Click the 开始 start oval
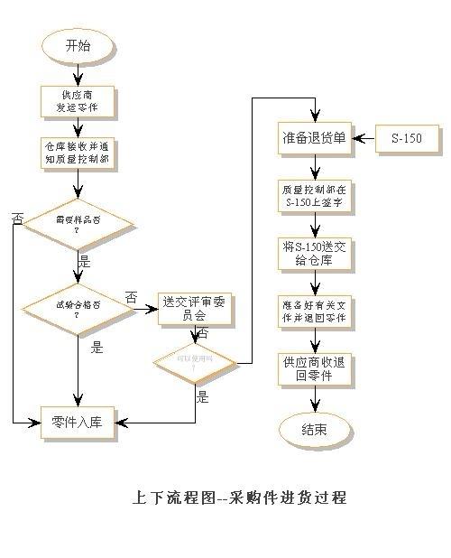78,46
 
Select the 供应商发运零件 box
78,101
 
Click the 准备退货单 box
314,139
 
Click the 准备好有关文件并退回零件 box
314,312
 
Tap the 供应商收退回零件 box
314,369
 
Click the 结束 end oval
314,430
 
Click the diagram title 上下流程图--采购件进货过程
238,498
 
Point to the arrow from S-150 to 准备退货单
364,139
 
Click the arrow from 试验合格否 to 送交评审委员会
145,309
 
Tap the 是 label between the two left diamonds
86,261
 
